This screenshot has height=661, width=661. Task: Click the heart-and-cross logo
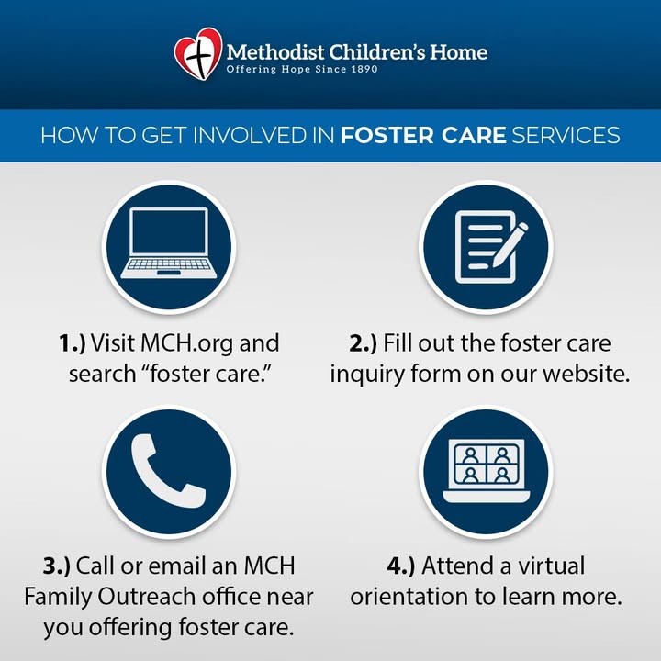198,53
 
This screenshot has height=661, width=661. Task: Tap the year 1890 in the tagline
364,69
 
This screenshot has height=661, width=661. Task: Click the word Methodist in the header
275,52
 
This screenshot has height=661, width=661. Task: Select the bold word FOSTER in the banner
387,135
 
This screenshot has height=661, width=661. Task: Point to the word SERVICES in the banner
566,135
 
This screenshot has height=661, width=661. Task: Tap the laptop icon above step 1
169,243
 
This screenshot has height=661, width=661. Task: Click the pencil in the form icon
510,243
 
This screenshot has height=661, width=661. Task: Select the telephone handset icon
168,470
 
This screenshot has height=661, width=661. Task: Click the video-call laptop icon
486,471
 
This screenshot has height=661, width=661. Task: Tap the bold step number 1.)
73,342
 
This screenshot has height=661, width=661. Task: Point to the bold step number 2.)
363,342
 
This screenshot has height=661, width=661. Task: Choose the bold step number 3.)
57,566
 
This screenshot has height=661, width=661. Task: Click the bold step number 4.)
401,566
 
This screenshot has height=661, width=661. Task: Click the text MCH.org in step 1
186,343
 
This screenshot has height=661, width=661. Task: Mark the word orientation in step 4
409,597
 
